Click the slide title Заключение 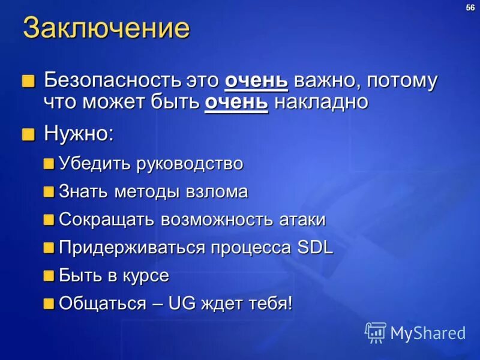point(106,29)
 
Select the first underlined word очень point(257,80)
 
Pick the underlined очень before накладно point(236,101)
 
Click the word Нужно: point(78,133)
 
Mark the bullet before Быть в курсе point(49,276)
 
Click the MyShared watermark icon point(376,332)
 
